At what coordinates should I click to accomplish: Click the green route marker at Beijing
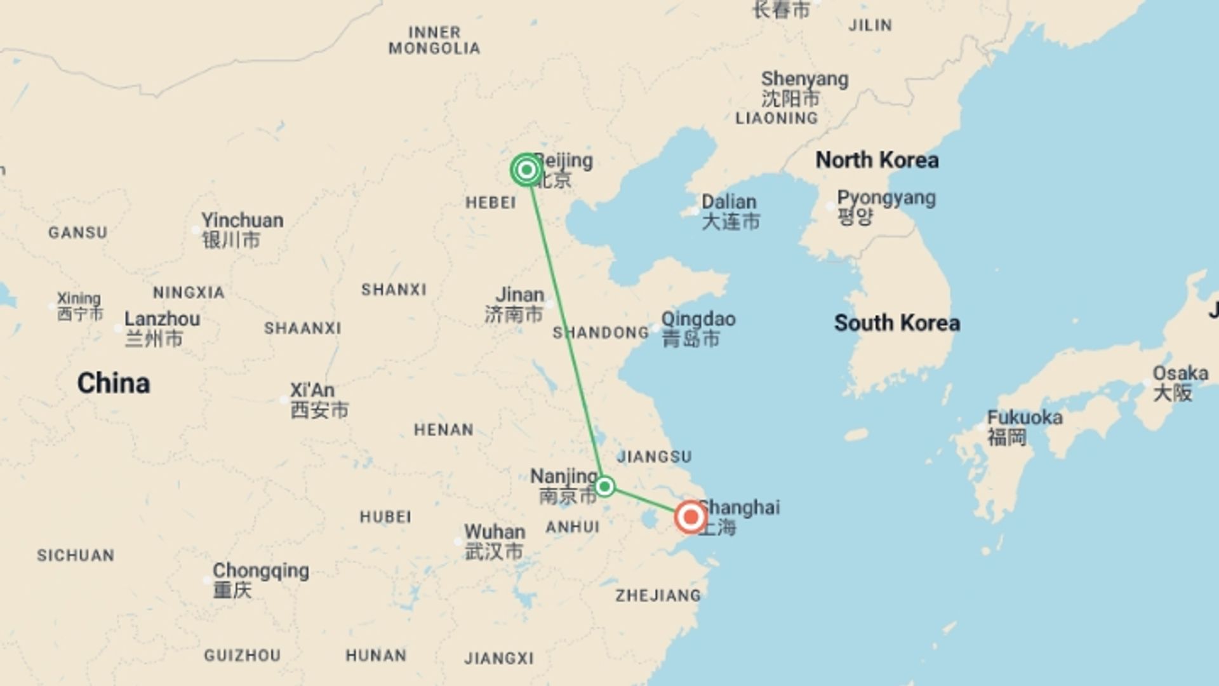(526, 170)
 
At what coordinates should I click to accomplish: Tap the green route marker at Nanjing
(604, 487)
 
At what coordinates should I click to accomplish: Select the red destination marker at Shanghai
(690, 517)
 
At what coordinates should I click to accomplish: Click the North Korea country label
(877, 160)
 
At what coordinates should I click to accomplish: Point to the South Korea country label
(896, 323)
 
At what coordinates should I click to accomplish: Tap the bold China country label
(114, 383)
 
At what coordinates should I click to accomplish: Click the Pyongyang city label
(886, 198)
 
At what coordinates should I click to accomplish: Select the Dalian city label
(729, 202)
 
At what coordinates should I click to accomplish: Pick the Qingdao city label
(698, 319)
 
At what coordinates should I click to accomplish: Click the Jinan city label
(519, 295)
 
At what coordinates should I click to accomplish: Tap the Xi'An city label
(312, 390)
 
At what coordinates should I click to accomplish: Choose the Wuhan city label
(495, 532)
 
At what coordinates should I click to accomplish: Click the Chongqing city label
(261, 570)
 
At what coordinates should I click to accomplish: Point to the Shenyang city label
(804, 79)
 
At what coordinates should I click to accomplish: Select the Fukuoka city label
(1024, 417)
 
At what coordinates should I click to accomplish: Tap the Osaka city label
(1180, 373)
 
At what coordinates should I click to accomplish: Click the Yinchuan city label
(242, 220)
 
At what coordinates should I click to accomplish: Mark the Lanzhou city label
(162, 319)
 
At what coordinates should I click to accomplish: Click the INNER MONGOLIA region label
(434, 40)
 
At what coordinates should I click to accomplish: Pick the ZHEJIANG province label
(658, 595)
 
